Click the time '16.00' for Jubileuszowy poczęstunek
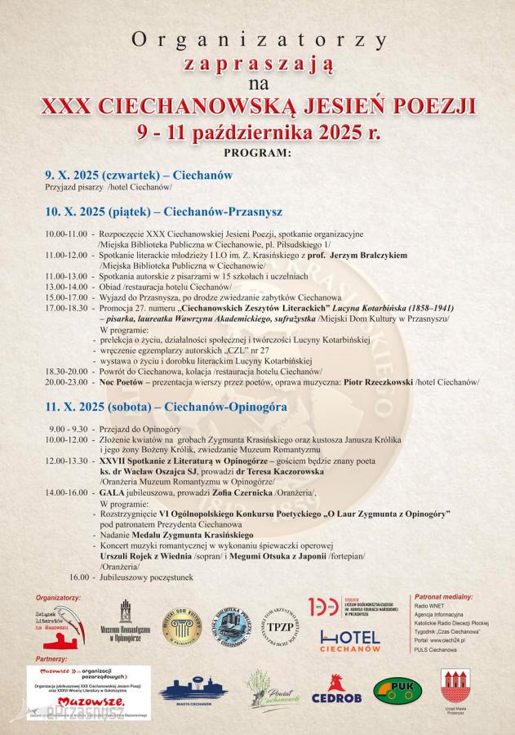(x=79, y=577)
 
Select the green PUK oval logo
(x=397, y=690)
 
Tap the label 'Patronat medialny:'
(x=445, y=597)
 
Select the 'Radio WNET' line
(x=432, y=607)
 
